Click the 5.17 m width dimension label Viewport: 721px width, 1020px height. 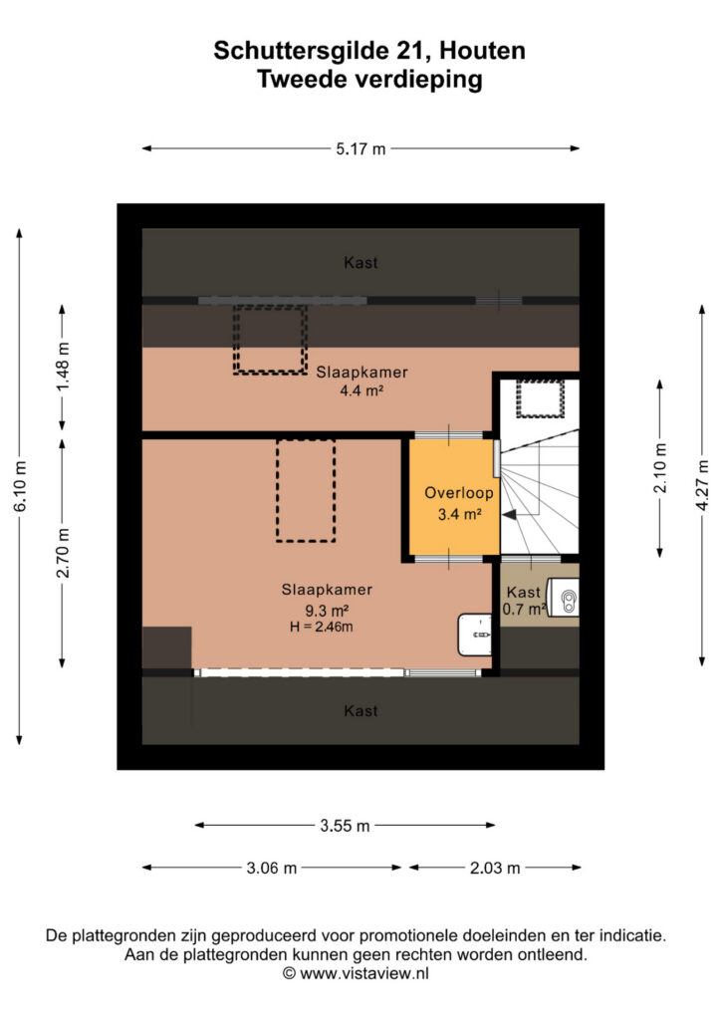360,149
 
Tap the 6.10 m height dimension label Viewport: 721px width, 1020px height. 21,486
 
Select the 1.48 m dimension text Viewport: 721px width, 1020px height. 63,369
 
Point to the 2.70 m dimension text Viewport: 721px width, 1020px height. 63,553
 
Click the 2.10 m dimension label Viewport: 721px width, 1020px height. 660,468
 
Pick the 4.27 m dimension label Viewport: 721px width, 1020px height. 703,485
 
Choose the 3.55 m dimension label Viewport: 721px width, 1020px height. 345,826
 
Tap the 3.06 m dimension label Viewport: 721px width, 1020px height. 271,869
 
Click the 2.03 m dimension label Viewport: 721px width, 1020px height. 495,869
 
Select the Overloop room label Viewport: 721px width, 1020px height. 459,493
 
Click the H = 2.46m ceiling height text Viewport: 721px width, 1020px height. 322,628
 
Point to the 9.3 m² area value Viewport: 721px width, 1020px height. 327,611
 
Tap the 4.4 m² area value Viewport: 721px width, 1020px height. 361,390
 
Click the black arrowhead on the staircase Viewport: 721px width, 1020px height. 510,515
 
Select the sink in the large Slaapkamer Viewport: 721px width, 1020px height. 475,635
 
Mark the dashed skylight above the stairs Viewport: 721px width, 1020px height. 541,398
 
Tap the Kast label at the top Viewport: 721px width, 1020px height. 360,263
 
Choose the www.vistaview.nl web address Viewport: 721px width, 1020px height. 364,974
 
